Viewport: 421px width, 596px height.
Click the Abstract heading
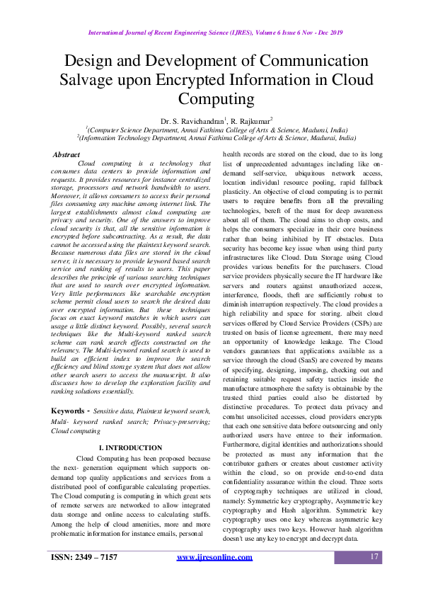[67, 154]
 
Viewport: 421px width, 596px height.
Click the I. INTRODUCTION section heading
[130, 448]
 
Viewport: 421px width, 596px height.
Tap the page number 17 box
[376, 558]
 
